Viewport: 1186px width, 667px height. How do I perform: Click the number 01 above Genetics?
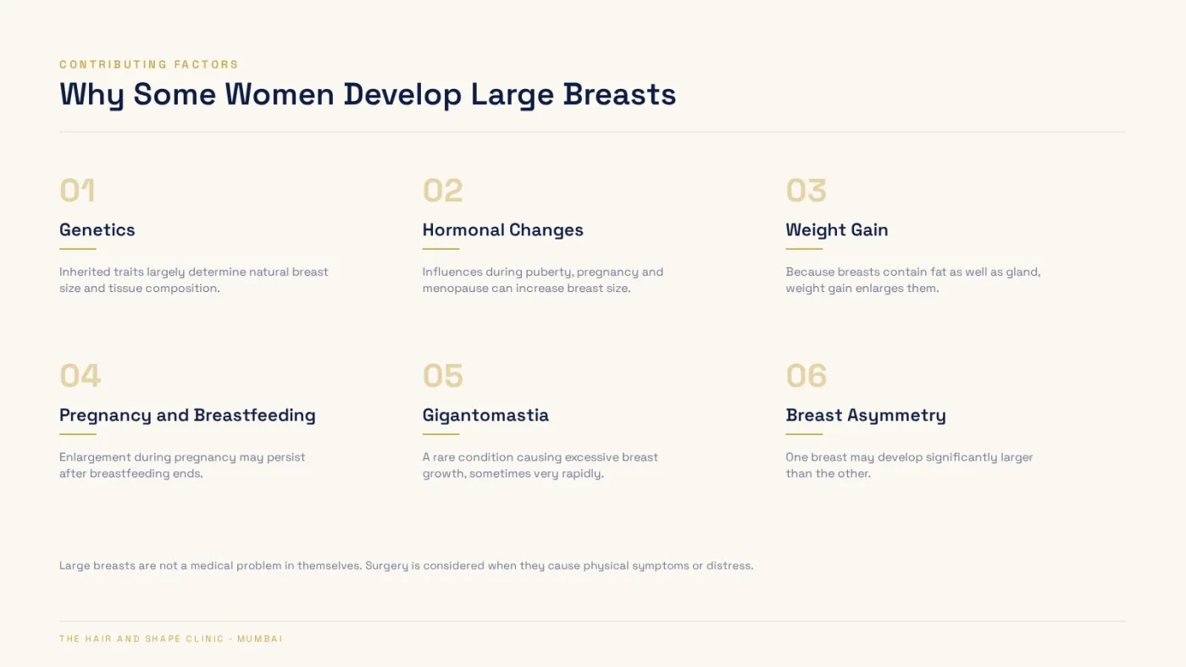pyautogui.click(x=77, y=190)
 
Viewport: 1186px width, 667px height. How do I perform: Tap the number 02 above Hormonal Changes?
pyautogui.click(x=442, y=190)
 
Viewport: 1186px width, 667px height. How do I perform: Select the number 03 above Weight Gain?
pyautogui.click(x=806, y=190)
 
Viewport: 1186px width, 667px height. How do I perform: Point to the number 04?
pyautogui.click(x=80, y=376)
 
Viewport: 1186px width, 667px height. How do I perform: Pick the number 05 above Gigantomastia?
pyautogui.click(x=442, y=376)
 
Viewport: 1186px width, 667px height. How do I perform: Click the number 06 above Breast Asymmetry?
pyautogui.click(x=806, y=376)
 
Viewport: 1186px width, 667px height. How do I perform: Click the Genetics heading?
pyautogui.click(x=97, y=230)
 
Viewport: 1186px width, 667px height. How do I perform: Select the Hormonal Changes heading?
pyautogui.click(x=502, y=230)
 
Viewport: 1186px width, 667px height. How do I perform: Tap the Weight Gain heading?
pyautogui.click(x=837, y=230)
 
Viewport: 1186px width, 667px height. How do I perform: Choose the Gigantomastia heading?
pyautogui.click(x=485, y=416)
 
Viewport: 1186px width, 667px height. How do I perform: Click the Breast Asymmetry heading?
pyautogui.click(x=866, y=416)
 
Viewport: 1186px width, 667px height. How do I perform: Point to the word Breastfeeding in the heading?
pyautogui.click(x=255, y=416)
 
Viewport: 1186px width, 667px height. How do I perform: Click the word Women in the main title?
pyautogui.click(x=280, y=95)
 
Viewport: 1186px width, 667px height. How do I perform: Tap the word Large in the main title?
pyautogui.click(x=512, y=96)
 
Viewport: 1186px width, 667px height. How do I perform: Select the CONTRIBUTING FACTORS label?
pyautogui.click(x=149, y=64)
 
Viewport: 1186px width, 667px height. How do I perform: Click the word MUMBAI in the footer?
pyautogui.click(x=260, y=639)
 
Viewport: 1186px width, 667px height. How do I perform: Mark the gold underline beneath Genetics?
pyautogui.click(x=78, y=249)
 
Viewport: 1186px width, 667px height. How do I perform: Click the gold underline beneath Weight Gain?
pyautogui.click(x=804, y=249)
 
